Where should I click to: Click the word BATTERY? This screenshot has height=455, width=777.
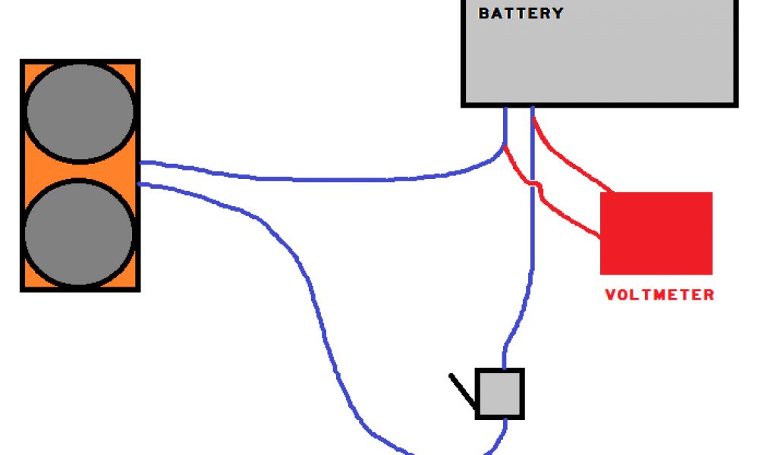(x=521, y=13)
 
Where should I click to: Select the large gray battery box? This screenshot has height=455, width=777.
(x=599, y=61)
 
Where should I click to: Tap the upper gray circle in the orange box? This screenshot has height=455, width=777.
(x=80, y=111)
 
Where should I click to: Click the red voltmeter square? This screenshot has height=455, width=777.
(x=656, y=233)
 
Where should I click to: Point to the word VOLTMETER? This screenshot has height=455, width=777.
(x=659, y=295)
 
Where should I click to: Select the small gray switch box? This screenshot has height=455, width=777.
(x=500, y=394)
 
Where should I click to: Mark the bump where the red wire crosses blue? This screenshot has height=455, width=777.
(x=535, y=186)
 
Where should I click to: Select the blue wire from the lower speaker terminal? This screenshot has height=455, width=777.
(x=304, y=273)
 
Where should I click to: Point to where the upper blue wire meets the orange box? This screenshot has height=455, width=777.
(x=142, y=162)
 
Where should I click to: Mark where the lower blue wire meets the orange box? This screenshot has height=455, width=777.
(x=142, y=184)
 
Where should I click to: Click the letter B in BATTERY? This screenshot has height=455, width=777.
(x=484, y=13)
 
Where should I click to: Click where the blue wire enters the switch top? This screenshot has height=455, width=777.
(x=503, y=368)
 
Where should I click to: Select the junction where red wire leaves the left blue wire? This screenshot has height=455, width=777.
(x=505, y=146)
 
